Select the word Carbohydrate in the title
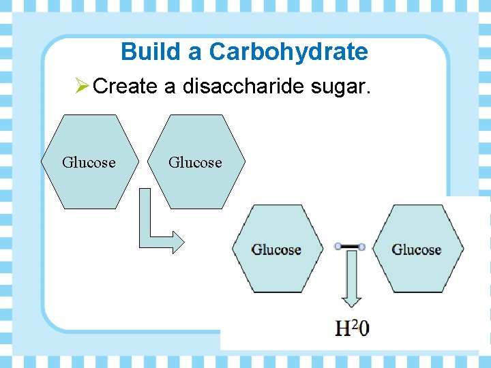point(288,52)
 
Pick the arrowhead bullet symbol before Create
point(82,87)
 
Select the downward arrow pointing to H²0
point(352,280)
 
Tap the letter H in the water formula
point(344,328)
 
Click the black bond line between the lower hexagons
point(349,247)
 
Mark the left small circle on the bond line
point(338,247)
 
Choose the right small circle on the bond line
point(361,247)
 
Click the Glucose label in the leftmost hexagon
point(89,163)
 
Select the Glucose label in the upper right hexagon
point(195,163)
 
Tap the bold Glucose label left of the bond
point(276,249)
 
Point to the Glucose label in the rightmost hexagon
point(416,249)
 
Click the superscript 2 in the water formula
point(355,324)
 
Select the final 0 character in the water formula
point(364,328)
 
